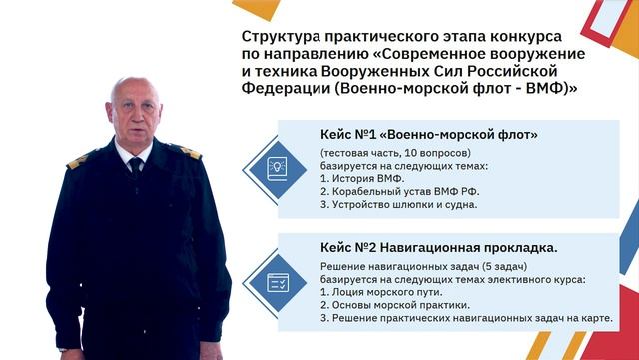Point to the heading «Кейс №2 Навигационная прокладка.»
pyautogui.click(x=439, y=247)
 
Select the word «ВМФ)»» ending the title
pyautogui.click(x=549, y=88)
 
